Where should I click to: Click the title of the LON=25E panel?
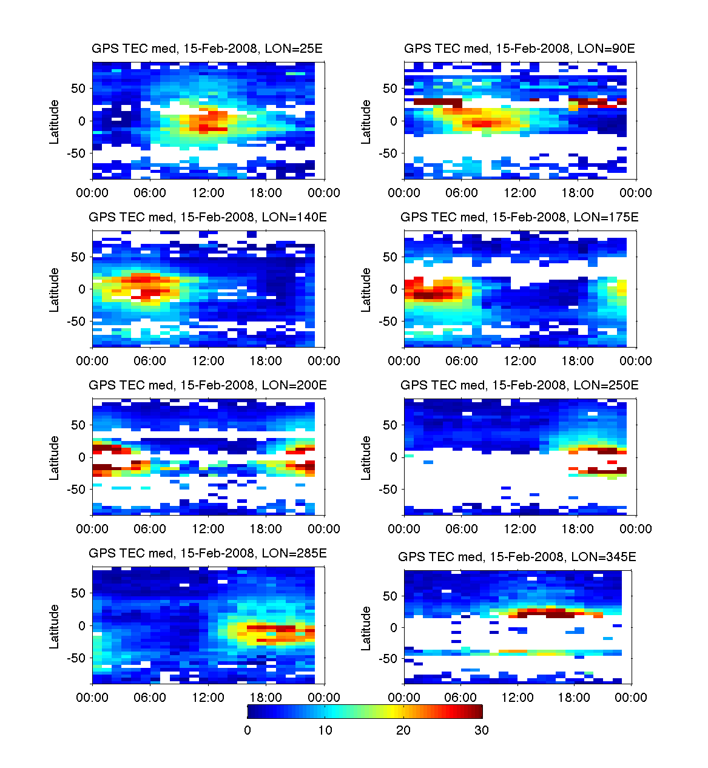pyautogui.click(x=207, y=49)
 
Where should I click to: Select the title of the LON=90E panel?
pyautogui.click(x=519, y=49)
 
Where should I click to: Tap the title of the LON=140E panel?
pyautogui.click(x=207, y=217)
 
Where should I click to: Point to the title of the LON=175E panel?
pyautogui.click(x=519, y=217)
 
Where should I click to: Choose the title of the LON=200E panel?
pyautogui.click(x=207, y=385)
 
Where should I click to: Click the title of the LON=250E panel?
pyautogui.click(x=519, y=385)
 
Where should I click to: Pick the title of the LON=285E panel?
pyautogui.click(x=207, y=553)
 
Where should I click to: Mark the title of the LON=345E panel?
pyautogui.click(x=517, y=557)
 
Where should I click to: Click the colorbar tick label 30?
pyautogui.click(x=481, y=730)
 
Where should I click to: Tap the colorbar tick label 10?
pyautogui.click(x=325, y=730)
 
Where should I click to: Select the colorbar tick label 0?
pyautogui.click(x=248, y=730)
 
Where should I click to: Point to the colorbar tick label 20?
pyautogui.click(x=403, y=730)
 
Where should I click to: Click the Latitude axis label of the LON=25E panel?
pyautogui.click(x=55, y=121)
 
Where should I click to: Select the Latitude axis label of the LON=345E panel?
pyautogui.click(x=366, y=628)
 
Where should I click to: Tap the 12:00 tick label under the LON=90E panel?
pyautogui.click(x=520, y=193)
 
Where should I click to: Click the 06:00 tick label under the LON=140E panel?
pyautogui.click(x=150, y=361)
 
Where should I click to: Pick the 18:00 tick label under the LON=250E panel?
pyautogui.click(x=578, y=529)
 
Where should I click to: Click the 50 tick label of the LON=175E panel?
pyautogui.click(x=390, y=257)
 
